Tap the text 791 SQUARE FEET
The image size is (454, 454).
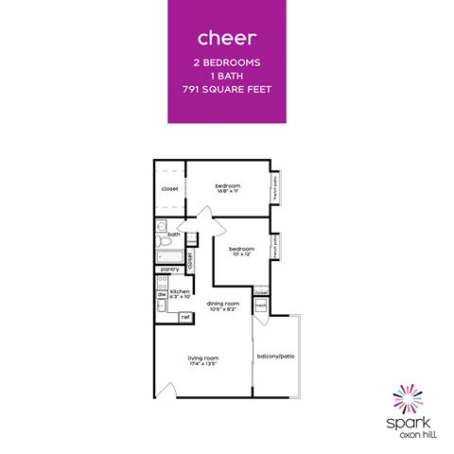click(227, 89)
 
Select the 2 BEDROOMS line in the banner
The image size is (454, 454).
click(227, 62)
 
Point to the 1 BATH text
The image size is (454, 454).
click(227, 76)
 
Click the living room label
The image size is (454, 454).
click(203, 357)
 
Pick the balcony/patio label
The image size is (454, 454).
click(274, 356)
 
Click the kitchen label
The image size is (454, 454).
click(180, 291)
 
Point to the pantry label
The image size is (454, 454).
click(170, 270)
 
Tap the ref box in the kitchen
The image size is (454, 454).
click(185, 316)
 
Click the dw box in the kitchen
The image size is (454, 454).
click(162, 294)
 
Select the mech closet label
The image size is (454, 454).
click(260, 306)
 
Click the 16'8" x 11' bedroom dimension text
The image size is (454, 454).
click(228, 192)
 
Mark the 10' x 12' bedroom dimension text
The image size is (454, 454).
click(242, 254)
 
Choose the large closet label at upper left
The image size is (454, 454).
click(170, 188)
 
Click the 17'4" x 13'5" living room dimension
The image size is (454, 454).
click(203, 363)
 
